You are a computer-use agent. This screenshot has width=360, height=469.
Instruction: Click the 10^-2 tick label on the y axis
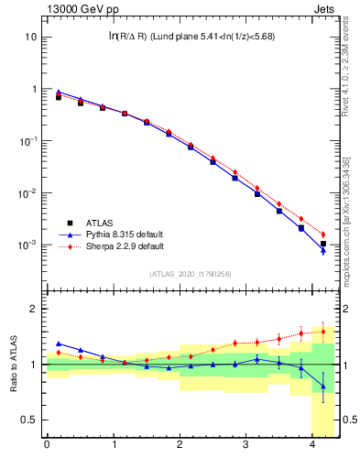click(x=27, y=193)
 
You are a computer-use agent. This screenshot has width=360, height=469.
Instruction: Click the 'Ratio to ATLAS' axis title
click(x=12, y=365)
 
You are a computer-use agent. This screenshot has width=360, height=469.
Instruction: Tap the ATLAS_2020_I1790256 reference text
click(x=190, y=274)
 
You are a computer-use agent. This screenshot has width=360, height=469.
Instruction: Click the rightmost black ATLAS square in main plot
click(x=322, y=244)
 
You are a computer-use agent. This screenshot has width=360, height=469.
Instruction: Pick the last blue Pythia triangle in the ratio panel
click(x=322, y=386)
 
